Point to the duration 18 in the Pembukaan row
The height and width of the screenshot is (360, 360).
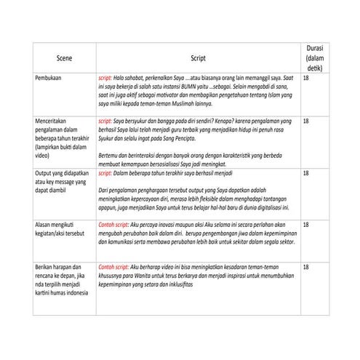(x=306, y=76)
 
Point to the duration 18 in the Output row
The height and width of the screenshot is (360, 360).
(x=306, y=175)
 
